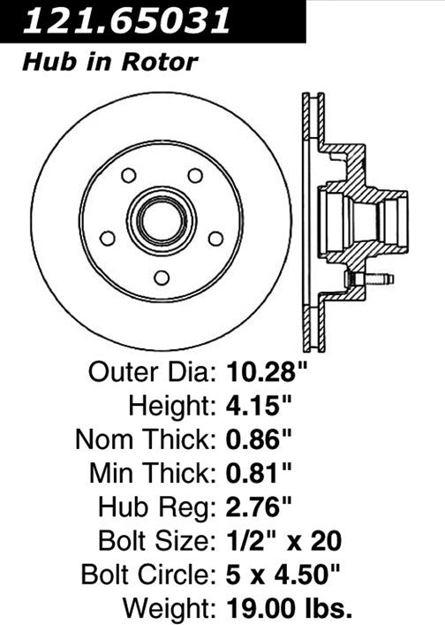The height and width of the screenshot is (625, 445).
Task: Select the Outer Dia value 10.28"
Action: click(x=265, y=373)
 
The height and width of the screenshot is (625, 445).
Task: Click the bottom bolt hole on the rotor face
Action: click(x=162, y=278)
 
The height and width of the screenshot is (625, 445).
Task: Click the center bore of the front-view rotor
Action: click(x=162, y=219)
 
